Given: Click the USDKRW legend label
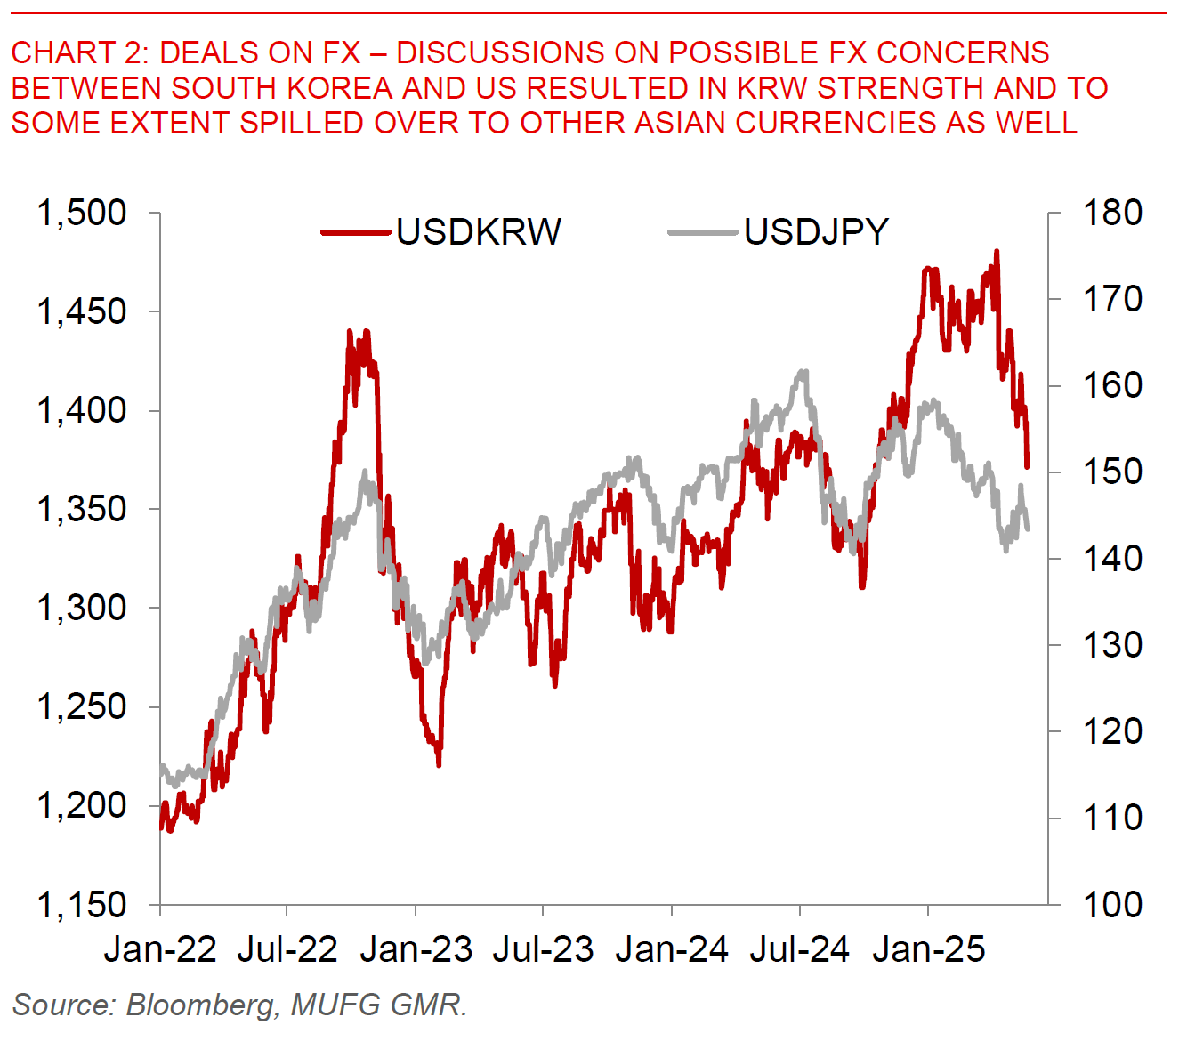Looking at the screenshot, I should tap(479, 232).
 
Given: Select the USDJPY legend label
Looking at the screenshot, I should tap(816, 232).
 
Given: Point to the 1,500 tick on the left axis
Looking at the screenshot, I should tap(82, 213).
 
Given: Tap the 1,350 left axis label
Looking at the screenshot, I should tap(82, 509).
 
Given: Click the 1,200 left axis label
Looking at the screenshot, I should tap(82, 805).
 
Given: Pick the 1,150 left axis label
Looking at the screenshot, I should tap(82, 904).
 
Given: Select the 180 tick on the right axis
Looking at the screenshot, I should tap(1112, 213).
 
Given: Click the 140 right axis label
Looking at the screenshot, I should tap(1112, 559).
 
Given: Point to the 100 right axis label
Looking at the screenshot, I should tap(1112, 904).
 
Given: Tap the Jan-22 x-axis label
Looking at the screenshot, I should tap(160, 950).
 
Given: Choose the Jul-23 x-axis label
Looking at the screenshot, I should tap(543, 950).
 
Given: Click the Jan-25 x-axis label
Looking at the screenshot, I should tap(928, 950).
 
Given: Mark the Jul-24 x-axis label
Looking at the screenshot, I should tap(799, 950).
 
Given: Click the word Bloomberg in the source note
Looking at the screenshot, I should tap(201, 1005).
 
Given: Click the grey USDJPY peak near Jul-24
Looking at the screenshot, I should tap(804, 372).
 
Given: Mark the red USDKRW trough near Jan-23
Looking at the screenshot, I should tap(439, 763).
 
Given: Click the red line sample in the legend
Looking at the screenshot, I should tap(356, 232).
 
